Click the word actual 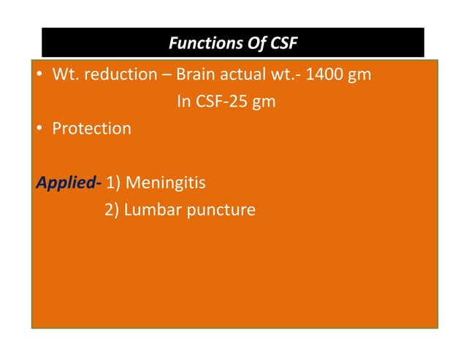244,75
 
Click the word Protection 91,129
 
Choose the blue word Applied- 68,182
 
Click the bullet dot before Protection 40,129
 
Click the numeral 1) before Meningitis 115,182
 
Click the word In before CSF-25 184,102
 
